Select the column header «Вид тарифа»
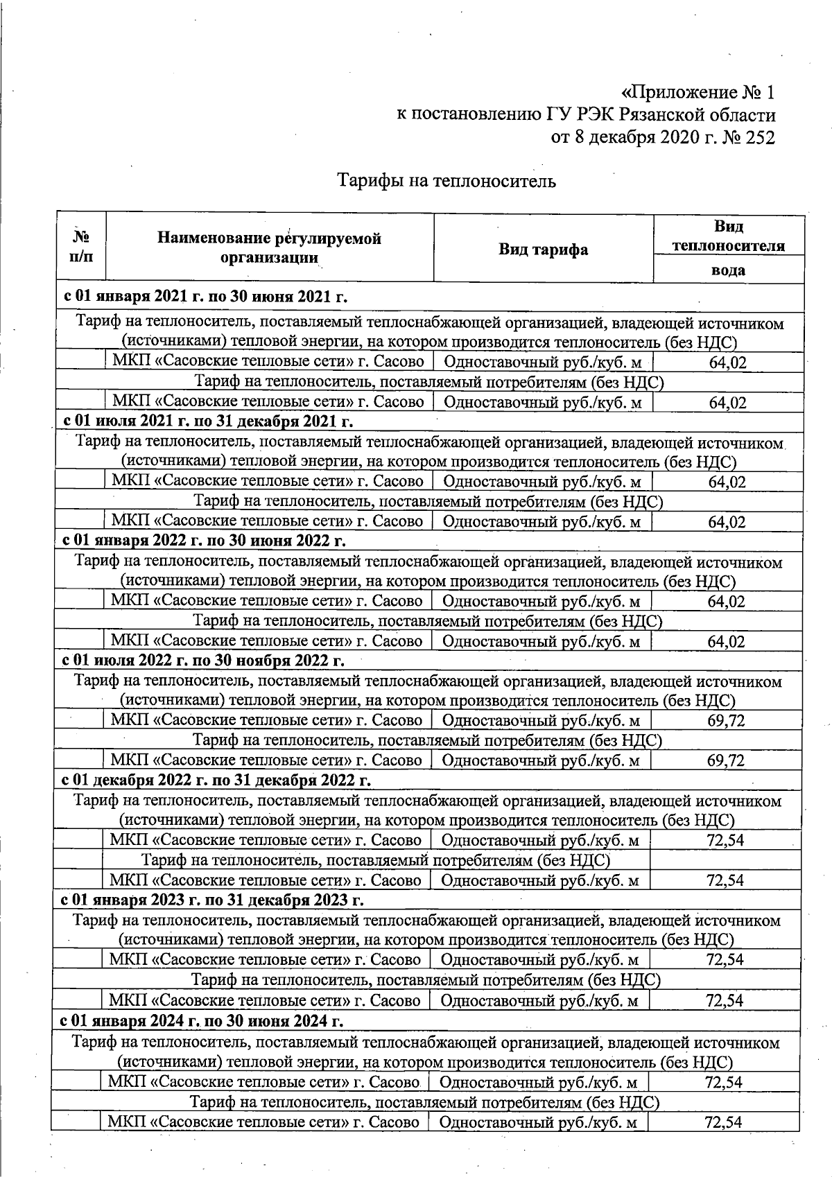543,250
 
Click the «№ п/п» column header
81,247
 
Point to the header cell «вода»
728,270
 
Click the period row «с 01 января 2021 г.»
205,297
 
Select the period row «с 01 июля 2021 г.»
208,421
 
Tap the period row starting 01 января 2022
204,540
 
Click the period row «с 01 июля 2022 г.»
203,660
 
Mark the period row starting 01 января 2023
212,900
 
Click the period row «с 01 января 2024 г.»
202,1021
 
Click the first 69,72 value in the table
726,721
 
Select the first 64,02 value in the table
727,362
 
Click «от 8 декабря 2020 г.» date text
634,137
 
